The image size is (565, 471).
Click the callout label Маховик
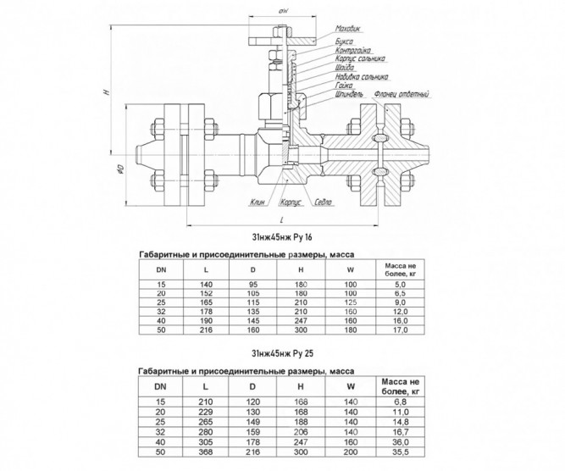347,29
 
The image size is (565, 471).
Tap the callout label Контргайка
352,51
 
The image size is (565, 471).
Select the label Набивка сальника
362,77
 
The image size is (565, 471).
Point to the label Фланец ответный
402,94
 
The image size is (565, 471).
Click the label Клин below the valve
258,202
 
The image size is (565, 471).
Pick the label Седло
323,202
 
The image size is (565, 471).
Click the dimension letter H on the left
106,91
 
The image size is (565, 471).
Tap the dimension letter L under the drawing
282,219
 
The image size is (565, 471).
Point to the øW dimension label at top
283,12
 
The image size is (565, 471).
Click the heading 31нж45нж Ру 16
282,237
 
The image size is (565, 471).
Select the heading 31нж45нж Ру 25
282,354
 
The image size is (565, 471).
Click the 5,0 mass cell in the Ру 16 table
401,285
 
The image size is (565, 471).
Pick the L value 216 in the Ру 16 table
206,330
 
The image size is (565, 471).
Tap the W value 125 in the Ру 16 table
351,302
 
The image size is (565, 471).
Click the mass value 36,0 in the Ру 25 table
401,442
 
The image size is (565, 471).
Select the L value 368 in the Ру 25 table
206,452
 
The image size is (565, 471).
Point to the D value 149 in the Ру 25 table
252,422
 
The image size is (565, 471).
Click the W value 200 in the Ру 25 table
351,452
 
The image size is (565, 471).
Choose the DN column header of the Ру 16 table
161,269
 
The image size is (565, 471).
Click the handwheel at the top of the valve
283,41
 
